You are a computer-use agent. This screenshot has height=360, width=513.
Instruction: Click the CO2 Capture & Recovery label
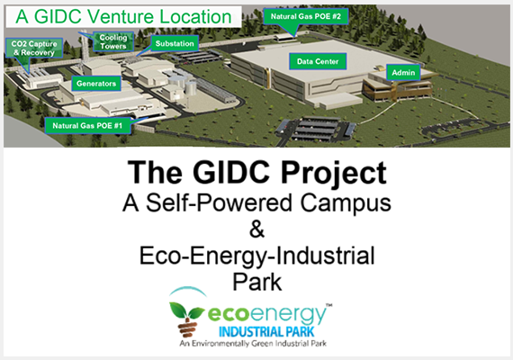[34, 48]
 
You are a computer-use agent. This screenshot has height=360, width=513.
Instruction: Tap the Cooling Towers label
[113, 41]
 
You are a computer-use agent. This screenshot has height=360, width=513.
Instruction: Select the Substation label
[175, 43]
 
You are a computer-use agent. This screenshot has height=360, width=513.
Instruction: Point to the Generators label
[96, 84]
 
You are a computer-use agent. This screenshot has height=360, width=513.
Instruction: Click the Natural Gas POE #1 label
[87, 126]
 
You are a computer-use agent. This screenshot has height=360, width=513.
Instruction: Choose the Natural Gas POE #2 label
[306, 16]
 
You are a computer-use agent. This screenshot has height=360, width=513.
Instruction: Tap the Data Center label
[318, 61]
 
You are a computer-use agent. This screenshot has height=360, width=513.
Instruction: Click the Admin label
[403, 73]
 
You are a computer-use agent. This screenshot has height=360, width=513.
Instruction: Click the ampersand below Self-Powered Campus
[256, 229]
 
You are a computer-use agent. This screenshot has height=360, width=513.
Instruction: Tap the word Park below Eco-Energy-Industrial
[256, 282]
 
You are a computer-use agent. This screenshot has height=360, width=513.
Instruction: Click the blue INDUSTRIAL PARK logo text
[266, 332]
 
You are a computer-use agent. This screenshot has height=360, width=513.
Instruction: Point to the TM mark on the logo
[329, 305]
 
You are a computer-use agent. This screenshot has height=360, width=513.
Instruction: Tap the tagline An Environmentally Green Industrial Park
[253, 343]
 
